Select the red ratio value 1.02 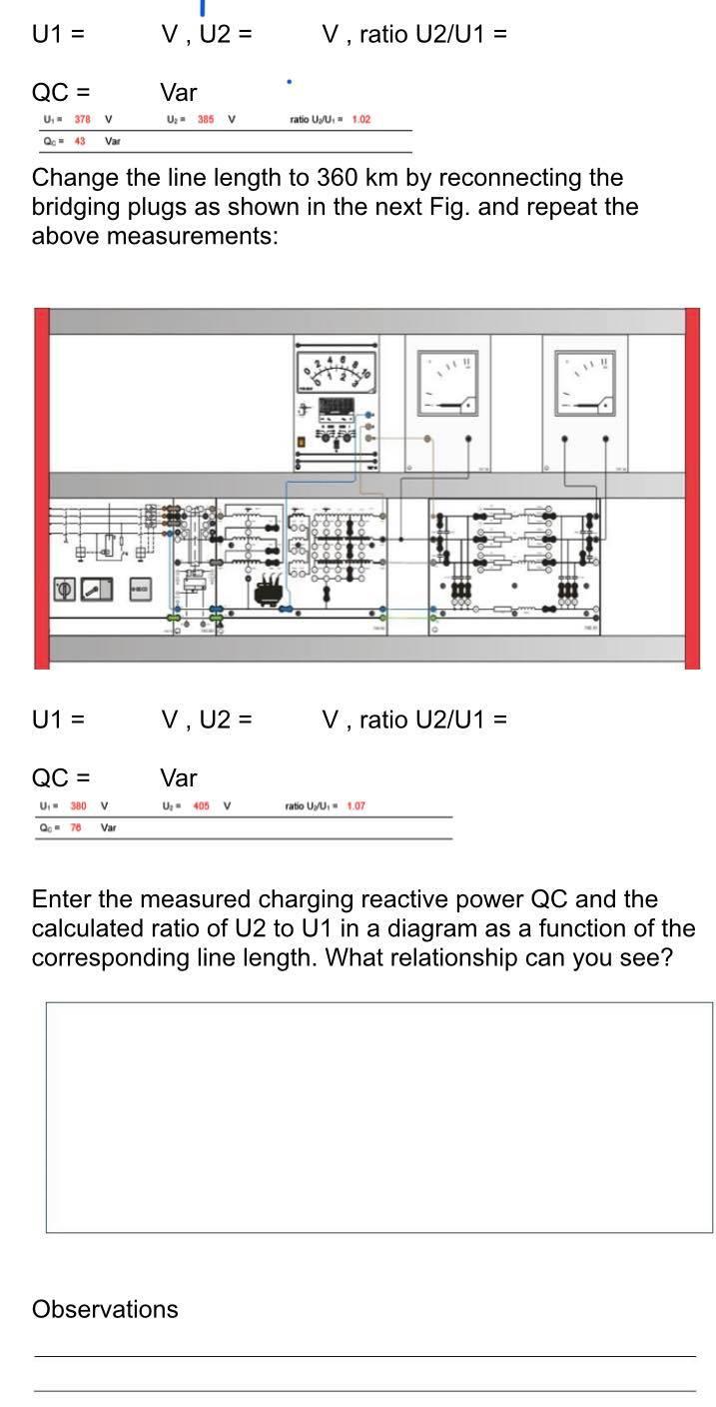pyautogui.click(x=360, y=120)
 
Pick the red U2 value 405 pyautogui.click(x=201, y=805)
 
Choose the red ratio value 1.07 pyautogui.click(x=357, y=805)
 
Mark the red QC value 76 pyautogui.click(x=74, y=827)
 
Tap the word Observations pyautogui.click(x=105, y=1309)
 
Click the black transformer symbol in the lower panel pyautogui.click(x=269, y=593)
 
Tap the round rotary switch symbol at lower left pyautogui.click(x=64, y=590)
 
